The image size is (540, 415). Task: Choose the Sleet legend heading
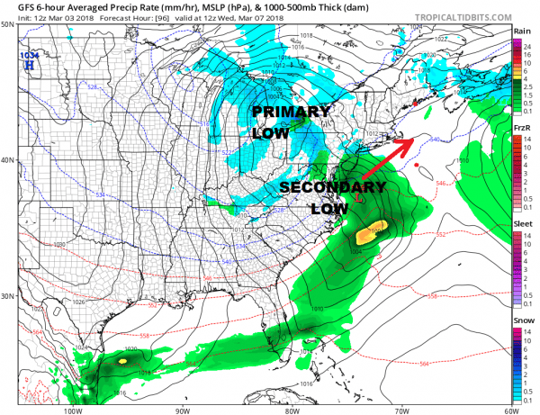point(521,217)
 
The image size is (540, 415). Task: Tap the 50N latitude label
point(7,25)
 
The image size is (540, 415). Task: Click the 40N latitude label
point(7,160)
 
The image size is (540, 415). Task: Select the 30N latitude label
point(7,296)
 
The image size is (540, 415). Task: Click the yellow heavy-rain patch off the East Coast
point(372,233)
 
